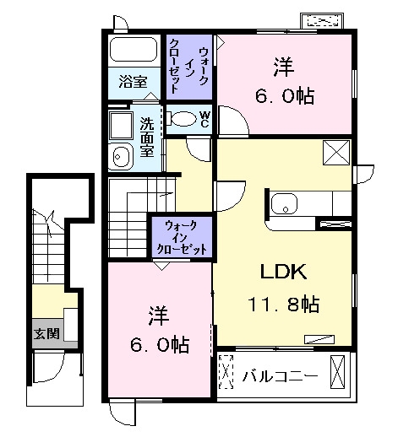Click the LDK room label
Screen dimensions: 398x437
(283, 272)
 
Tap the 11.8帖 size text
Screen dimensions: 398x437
(283, 304)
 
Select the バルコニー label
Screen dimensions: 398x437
(281, 376)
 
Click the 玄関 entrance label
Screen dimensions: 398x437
(46, 333)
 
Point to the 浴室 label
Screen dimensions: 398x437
(133, 82)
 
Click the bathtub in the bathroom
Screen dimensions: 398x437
(134, 49)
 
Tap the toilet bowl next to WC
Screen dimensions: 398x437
(183, 119)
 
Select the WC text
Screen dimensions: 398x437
(204, 119)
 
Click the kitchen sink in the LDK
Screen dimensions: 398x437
(284, 203)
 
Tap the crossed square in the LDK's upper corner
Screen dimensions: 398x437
(336, 153)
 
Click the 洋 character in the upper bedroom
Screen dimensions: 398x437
(284, 67)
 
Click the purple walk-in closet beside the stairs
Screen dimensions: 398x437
(182, 237)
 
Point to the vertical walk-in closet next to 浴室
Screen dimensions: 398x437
(189, 67)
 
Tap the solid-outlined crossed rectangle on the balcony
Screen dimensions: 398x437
(337, 372)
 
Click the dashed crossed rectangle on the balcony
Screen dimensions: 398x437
(226, 372)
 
